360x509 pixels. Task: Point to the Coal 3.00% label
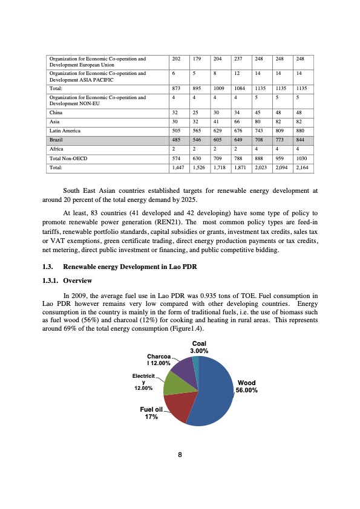click(x=199, y=348)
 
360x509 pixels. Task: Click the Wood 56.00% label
click(x=247, y=386)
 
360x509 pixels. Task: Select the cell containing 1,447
click(x=177, y=167)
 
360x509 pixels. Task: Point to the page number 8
click(x=180, y=455)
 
